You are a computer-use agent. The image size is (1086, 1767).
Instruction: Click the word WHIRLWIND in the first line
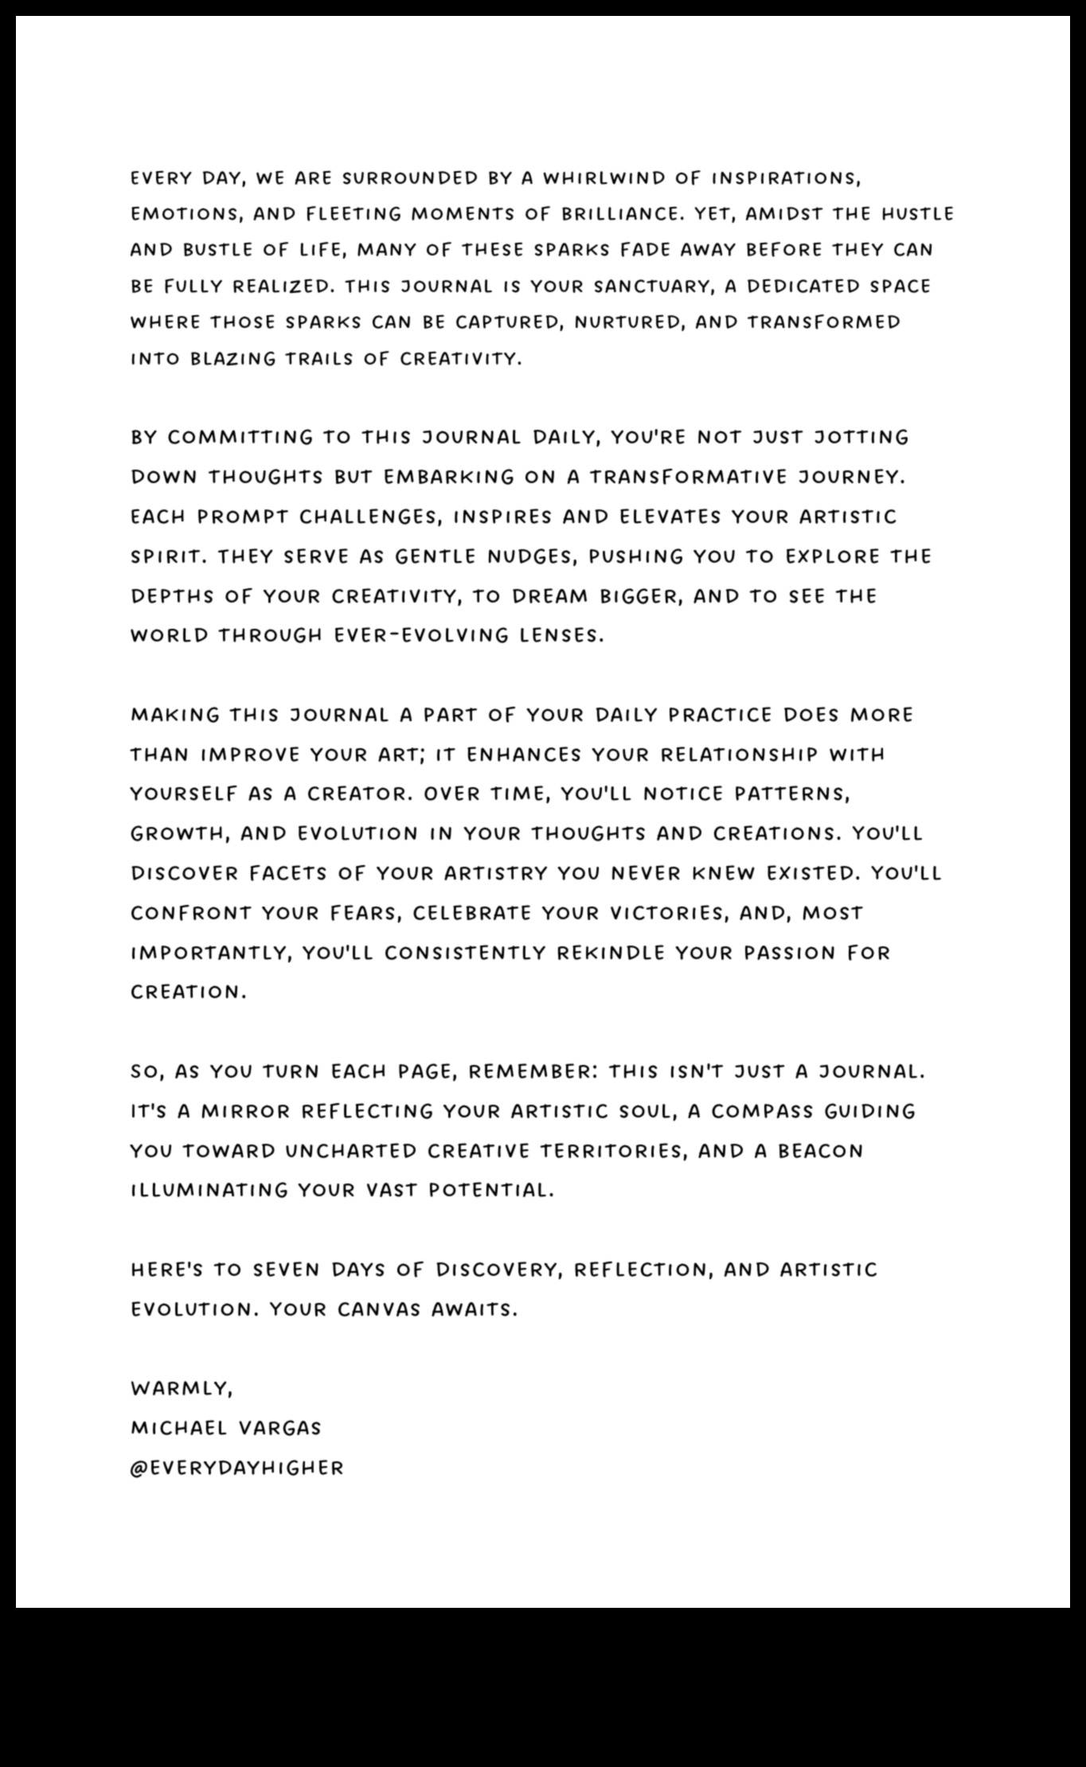point(604,178)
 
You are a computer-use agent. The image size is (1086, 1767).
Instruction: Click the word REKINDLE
point(610,953)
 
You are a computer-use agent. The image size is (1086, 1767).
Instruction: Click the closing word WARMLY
point(182,1389)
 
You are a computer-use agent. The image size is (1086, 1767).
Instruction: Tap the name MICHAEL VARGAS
point(225,1428)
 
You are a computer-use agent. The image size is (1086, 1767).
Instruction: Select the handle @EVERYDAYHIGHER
point(236,1468)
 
